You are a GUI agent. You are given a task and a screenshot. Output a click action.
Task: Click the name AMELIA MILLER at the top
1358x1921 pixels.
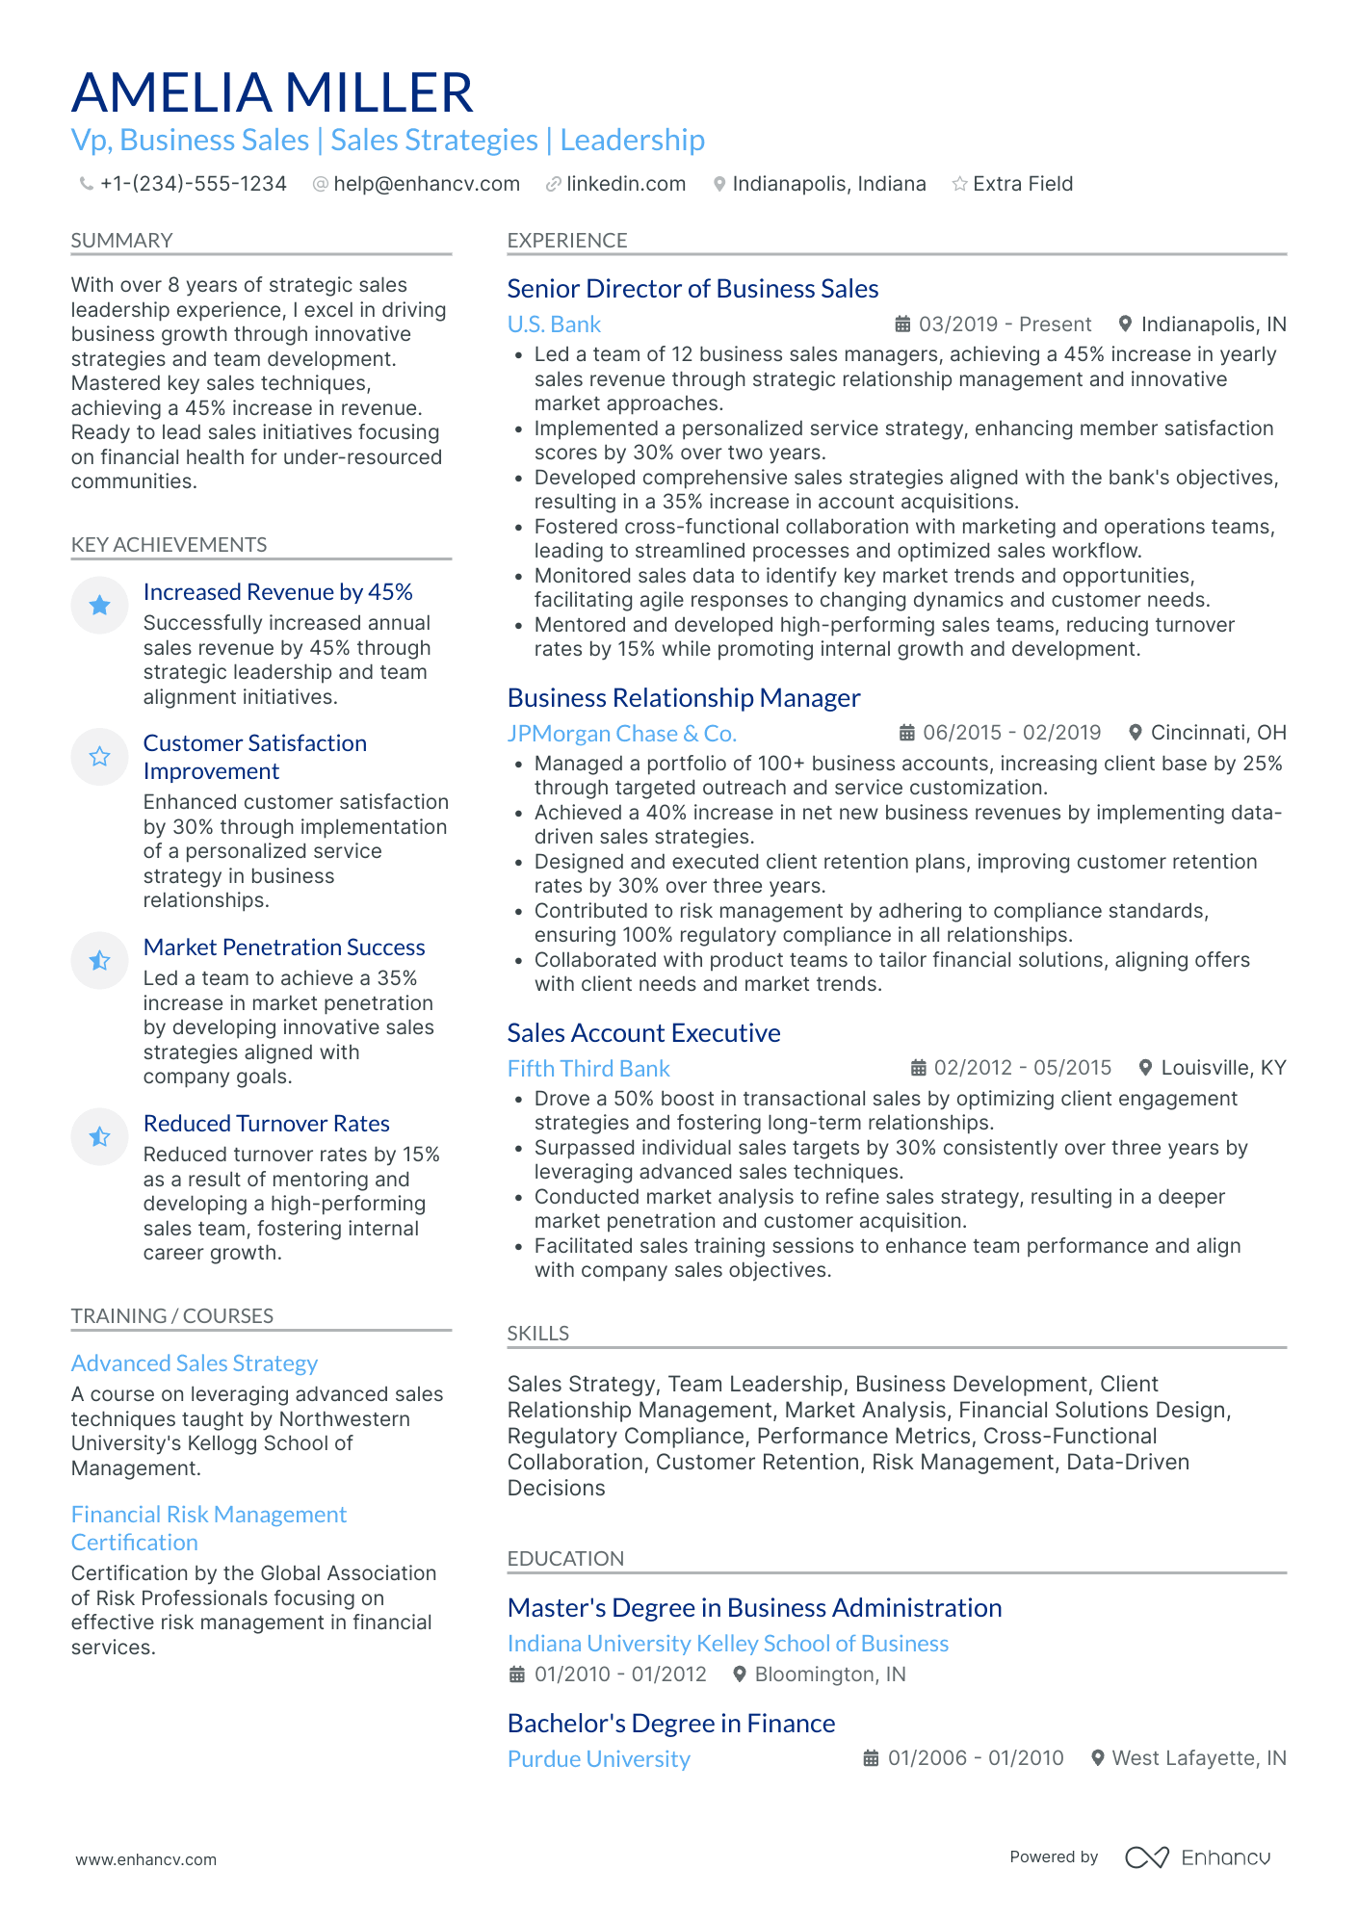tap(272, 93)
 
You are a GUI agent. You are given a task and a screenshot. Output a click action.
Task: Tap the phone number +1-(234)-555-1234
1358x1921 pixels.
tap(193, 184)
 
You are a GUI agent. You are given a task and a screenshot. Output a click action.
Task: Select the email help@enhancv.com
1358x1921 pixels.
tap(426, 184)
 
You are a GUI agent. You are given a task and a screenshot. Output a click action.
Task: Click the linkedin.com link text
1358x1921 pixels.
tap(626, 184)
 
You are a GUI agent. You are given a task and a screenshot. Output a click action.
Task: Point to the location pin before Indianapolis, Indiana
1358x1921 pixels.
tap(718, 184)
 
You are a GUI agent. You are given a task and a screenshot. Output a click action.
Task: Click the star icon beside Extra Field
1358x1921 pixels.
tap(959, 184)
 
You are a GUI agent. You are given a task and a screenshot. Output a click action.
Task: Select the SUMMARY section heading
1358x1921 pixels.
tap(121, 241)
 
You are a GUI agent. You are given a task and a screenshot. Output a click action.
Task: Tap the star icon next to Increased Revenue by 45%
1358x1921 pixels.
tap(99, 605)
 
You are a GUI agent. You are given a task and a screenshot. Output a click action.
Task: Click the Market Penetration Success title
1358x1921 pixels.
tap(284, 948)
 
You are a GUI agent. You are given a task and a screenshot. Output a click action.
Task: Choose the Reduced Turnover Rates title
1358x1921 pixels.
tap(266, 1124)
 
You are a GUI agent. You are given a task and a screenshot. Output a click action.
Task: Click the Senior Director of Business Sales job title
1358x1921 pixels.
tap(692, 289)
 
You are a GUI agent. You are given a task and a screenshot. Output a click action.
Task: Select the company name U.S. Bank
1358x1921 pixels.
tap(554, 324)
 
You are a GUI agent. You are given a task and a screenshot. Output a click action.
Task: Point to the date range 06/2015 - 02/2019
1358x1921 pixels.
tap(1011, 733)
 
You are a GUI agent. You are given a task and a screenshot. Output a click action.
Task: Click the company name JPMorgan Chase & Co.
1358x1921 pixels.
tap(621, 734)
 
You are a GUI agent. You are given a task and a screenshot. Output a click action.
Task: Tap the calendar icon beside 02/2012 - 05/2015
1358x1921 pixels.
tap(919, 1068)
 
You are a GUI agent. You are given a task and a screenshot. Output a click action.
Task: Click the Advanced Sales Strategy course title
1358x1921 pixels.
tap(195, 1363)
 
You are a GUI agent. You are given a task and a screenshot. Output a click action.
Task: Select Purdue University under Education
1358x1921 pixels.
tap(598, 1759)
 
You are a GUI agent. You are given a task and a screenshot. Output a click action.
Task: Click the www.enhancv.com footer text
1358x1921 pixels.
tap(146, 1859)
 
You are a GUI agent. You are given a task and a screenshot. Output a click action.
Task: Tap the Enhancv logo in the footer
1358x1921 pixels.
tap(1198, 1857)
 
